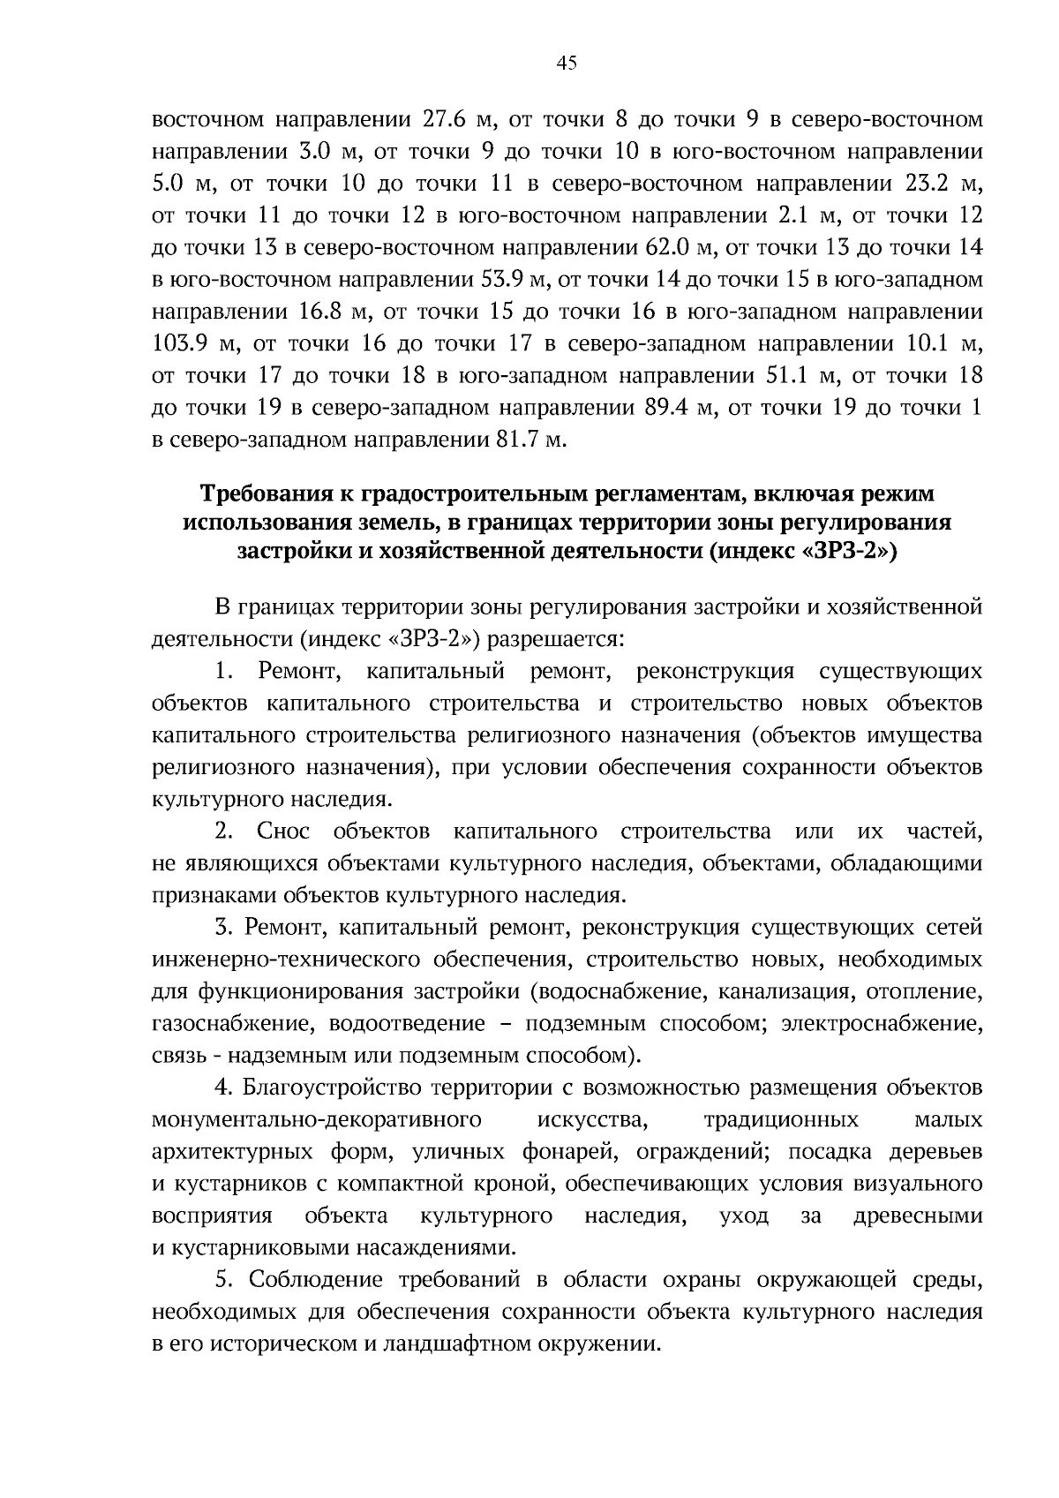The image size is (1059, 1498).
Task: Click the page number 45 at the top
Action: [x=567, y=62]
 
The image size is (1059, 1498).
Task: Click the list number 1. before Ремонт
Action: [x=224, y=672]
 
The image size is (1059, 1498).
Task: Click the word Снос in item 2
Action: [x=280, y=832]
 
